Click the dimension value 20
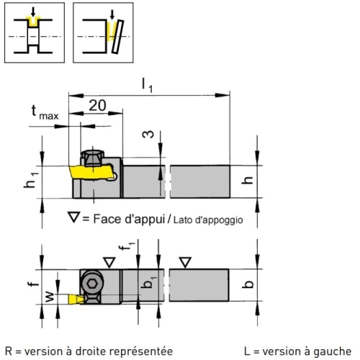tap(97, 105)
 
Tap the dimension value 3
tap(148, 135)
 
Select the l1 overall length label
tap(147, 86)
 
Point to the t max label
tap(45, 112)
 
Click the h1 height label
tap(31, 180)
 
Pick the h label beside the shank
tap(247, 180)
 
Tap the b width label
tap(248, 284)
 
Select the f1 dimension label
tap(127, 246)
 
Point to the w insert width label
tap(50, 297)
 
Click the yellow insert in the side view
tap(92, 172)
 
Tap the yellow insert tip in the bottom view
tap(76, 299)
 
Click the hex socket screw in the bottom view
tap(92, 284)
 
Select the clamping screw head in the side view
tap(93, 158)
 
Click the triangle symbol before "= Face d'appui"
tap(73, 217)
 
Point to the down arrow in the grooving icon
tap(33, 12)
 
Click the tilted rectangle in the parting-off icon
tap(117, 37)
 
